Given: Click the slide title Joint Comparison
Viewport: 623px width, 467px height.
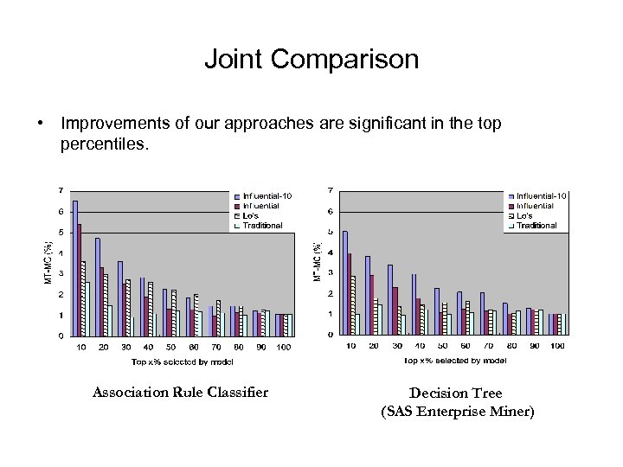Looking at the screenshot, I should [311, 60].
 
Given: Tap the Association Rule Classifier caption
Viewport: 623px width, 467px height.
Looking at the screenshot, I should [180, 393].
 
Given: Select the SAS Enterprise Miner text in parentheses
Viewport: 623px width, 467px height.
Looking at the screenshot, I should [458, 412].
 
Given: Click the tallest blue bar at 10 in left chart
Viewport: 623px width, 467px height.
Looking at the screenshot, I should [75, 268].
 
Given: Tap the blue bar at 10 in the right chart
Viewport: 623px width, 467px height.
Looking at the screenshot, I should [345, 282].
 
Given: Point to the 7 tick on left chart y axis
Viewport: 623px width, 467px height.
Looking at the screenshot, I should [60, 190].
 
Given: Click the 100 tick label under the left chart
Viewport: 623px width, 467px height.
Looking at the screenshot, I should [284, 347].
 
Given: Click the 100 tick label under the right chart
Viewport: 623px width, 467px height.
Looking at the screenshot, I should [557, 346].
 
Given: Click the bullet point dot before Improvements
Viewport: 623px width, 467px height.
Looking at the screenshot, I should [41, 124].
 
